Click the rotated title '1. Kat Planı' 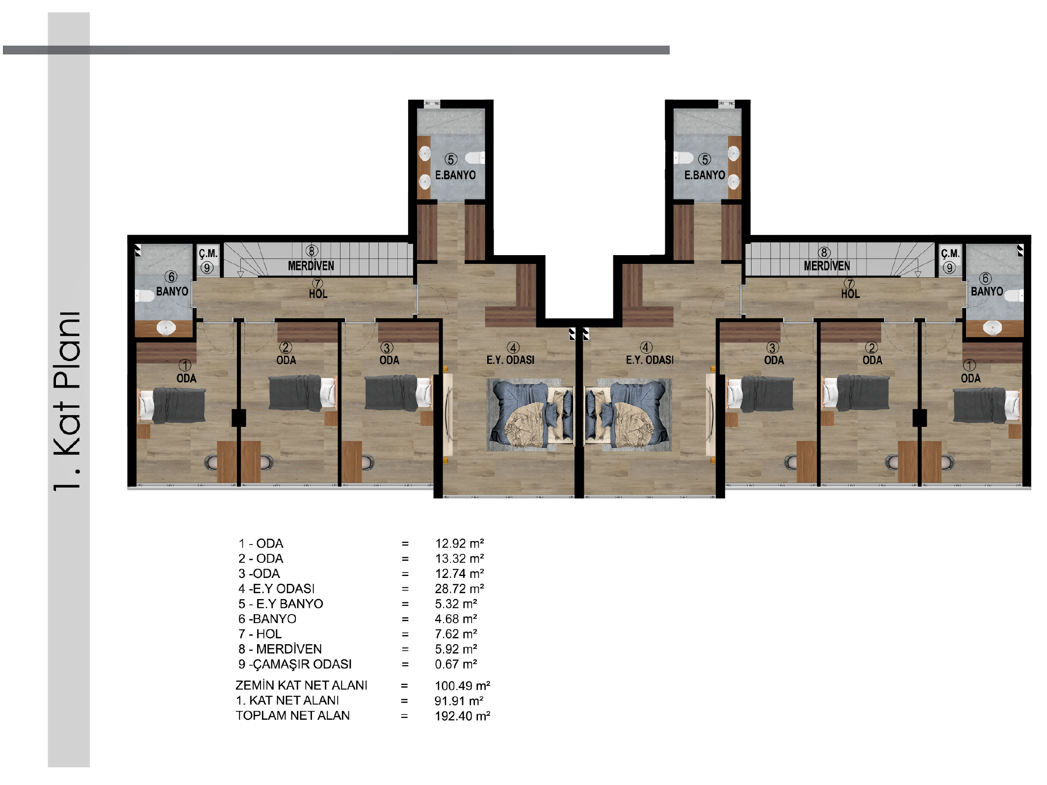[67, 401]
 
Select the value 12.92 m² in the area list [459, 544]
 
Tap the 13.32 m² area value [459, 559]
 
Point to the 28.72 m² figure [459, 589]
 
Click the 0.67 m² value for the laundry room [456, 664]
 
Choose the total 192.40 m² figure [462, 716]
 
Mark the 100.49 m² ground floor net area [462, 686]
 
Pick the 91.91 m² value [459, 701]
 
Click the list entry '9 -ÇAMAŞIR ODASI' [295, 664]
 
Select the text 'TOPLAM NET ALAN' [293, 716]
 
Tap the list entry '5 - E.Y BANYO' [281, 604]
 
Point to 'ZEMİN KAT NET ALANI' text [301, 685]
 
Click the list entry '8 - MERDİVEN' [280, 649]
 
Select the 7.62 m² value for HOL [456, 634]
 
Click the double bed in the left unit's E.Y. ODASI [530, 414]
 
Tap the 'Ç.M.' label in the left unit [208, 254]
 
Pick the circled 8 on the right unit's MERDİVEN [824, 253]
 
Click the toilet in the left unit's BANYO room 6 [145, 296]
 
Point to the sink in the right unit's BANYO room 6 [993, 327]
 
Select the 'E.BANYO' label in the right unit [705, 175]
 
